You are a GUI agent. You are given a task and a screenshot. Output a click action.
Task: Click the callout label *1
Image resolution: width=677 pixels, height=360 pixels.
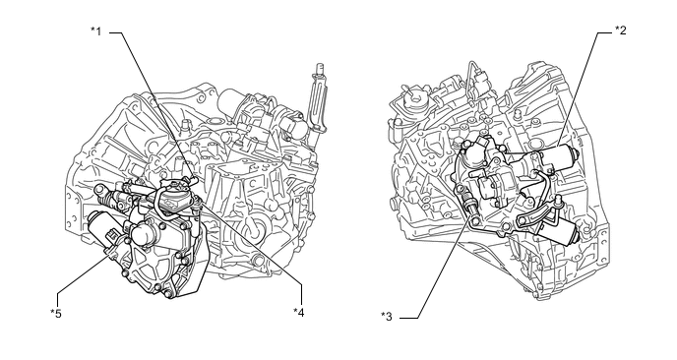[95, 31]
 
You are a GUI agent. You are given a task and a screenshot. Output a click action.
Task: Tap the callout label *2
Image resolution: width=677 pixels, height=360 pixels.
[621, 30]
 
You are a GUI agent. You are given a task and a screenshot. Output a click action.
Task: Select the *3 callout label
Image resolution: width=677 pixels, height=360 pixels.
[387, 317]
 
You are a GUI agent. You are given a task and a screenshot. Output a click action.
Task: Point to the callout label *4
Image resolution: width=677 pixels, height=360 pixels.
[299, 312]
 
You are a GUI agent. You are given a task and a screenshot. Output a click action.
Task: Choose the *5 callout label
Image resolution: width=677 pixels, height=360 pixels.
[56, 313]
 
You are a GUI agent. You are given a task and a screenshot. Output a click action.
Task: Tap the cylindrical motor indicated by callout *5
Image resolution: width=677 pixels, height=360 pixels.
[102, 228]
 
